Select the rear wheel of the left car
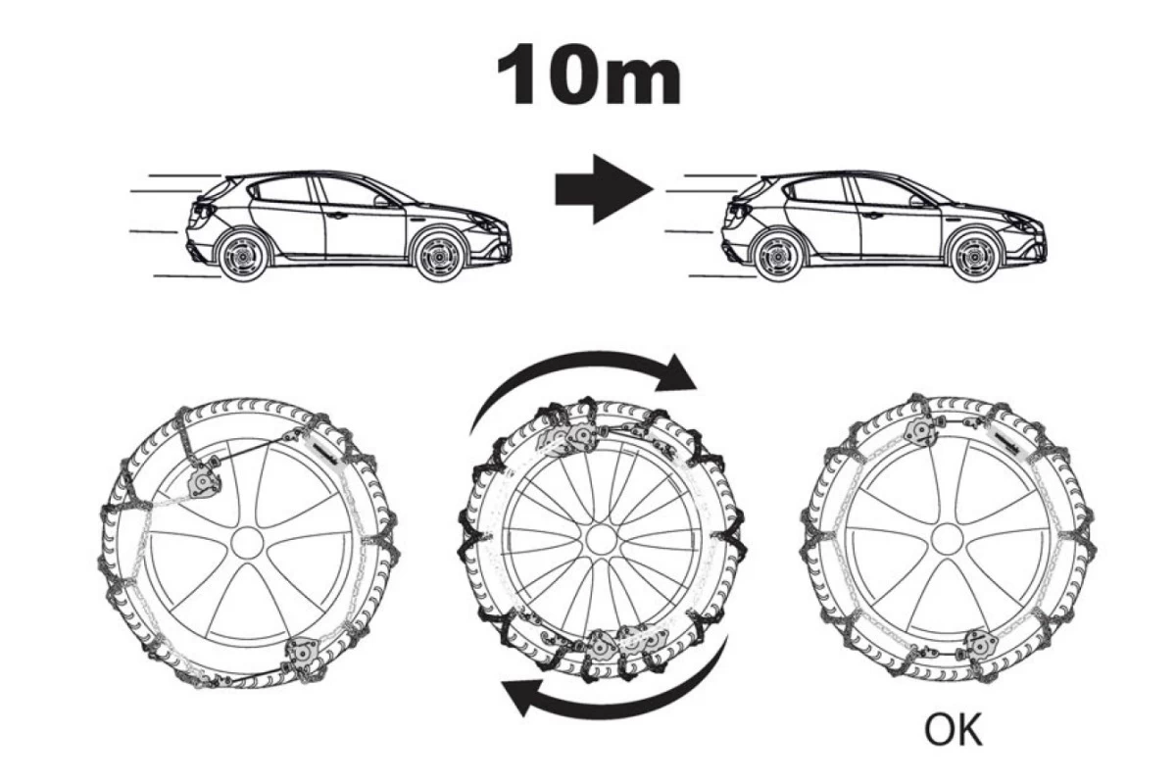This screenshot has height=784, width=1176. pyautogui.click(x=239, y=256)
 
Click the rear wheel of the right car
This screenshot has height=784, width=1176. pyautogui.click(x=775, y=256)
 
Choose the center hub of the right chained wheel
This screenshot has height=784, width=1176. pyautogui.click(x=946, y=538)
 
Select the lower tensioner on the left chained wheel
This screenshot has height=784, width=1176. pyautogui.click(x=301, y=655)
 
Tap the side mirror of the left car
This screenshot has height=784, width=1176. pyautogui.click(x=380, y=200)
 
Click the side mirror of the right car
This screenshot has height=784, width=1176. pyautogui.click(x=916, y=200)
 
